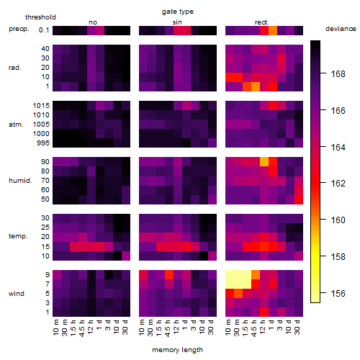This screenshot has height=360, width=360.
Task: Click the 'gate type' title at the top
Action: click(x=178, y=12)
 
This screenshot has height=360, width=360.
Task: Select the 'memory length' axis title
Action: click(x=177, y=350)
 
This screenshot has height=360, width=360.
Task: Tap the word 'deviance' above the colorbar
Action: click(x=341, y=29)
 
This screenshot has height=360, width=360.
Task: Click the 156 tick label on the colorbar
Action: click(x=338, y=293)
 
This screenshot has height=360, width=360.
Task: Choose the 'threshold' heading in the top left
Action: click(x=40, y=17)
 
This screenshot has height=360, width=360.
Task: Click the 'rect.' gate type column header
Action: click(x=262, y=22)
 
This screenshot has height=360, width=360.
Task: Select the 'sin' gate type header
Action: click(x=177, y=22)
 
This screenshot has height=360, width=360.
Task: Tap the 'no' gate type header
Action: click(x=93, y=22)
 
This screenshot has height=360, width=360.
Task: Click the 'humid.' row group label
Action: click(x=20, y=181)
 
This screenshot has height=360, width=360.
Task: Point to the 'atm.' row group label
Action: click(x=16, y=125)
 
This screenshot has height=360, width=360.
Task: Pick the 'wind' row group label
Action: click(x=17, y=294)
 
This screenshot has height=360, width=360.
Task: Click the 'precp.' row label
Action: click(x=19, y=29)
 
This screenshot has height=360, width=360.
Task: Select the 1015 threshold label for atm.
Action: click(x=41, y=106)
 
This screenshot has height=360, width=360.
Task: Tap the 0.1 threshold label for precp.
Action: click(x=44, y=30)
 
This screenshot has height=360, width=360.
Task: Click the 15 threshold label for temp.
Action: click(x=45, y=246)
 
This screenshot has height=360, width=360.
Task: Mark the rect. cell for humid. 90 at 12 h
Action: click(x=264, y=162)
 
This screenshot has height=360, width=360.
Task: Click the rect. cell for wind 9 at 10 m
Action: click(x=230, y=274)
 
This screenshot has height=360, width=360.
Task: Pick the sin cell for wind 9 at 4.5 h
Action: click(x=169, y=274)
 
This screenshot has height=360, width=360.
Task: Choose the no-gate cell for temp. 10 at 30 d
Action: click(x=126, y=256)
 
